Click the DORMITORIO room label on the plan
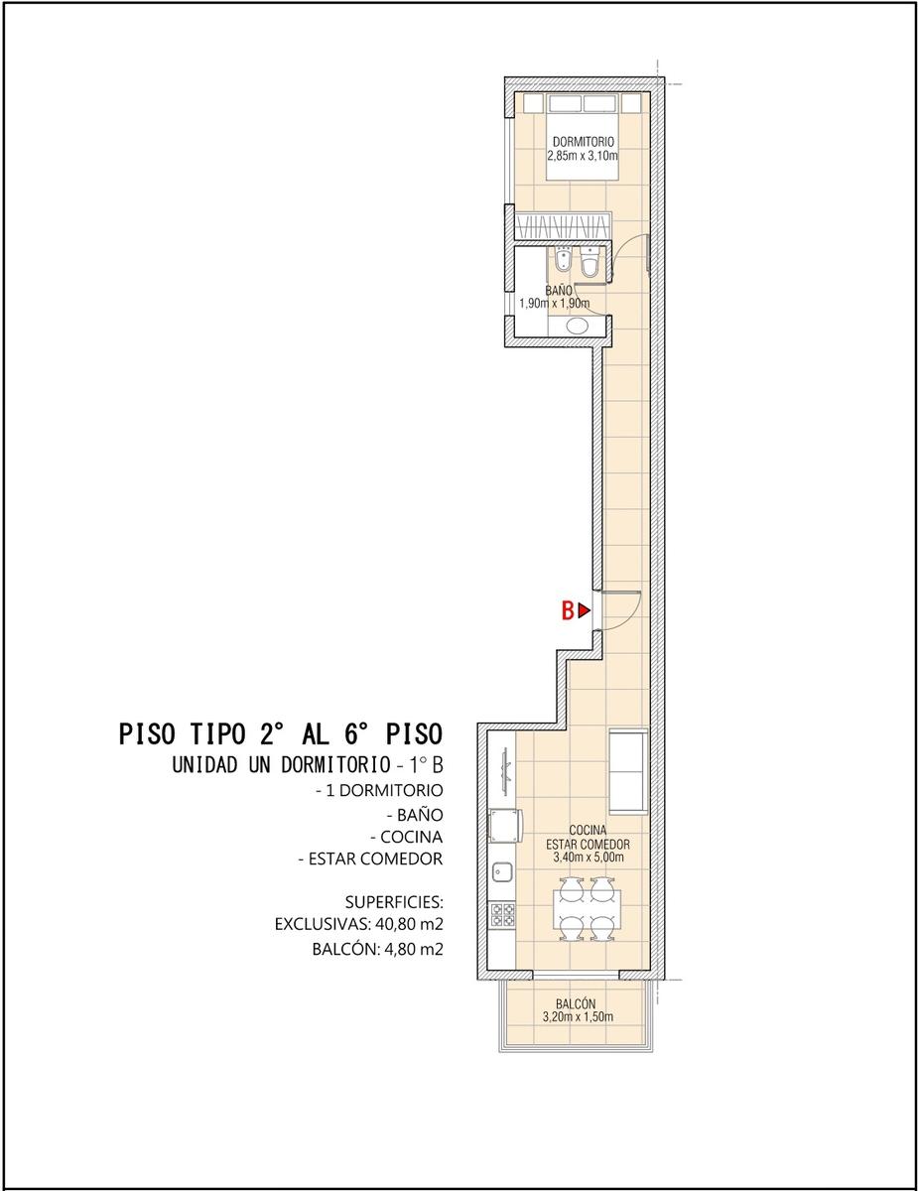pos(584,142)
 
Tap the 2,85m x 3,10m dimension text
pos(583,156)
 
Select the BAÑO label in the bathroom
pos(559,291)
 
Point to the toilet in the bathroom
pos(590,263)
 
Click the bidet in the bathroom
pos(563,260)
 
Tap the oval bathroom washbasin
pos(577,326)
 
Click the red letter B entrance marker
pos(568,610)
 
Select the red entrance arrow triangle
pos(585,610)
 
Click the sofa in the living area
pos(628,772)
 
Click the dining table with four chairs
pos(587,909)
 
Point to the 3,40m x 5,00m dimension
pos(589,858)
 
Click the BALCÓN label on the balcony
pos(576,1003)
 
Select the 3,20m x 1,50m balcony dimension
pos(578,1016)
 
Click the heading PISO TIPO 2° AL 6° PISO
pos(281,733)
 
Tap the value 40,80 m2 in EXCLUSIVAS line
pos(409,924)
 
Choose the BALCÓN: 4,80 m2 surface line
pos(377,949)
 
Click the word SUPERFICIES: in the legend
pos(394,901)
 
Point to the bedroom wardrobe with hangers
pos(563,226)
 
